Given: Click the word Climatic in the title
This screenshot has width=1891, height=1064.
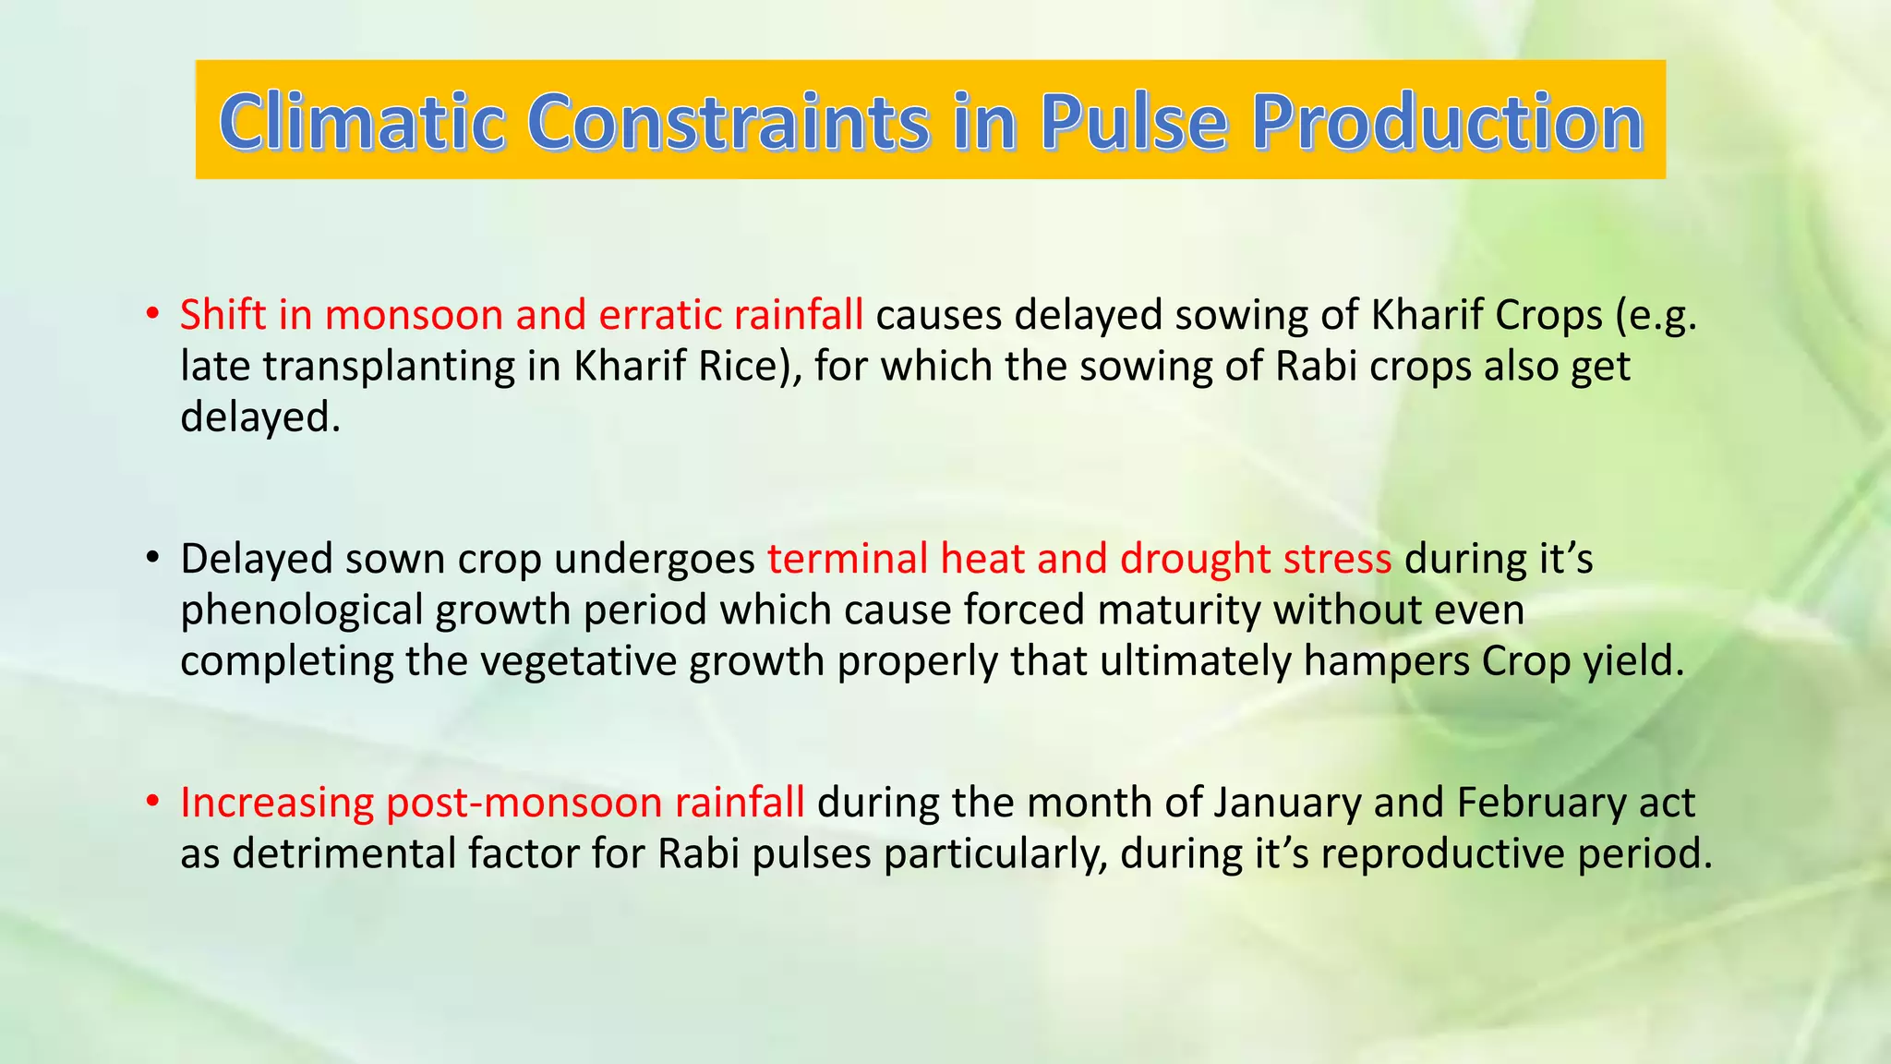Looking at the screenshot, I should point(361,122).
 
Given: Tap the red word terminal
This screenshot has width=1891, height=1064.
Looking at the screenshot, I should point(847,559).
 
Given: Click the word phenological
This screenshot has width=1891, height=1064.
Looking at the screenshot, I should point(301,611).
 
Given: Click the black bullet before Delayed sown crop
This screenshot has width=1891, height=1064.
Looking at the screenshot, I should point(152,559).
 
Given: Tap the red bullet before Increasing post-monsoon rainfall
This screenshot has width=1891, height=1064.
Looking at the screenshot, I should point(152,803).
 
